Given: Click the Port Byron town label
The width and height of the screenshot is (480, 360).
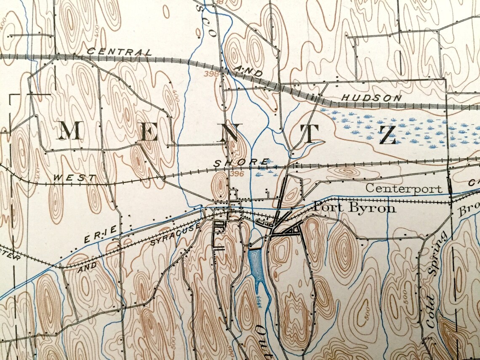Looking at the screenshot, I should [355, 208].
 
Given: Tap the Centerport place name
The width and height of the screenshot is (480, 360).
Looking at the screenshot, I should [404, 188].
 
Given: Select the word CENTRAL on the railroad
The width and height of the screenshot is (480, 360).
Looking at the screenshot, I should [119, 52].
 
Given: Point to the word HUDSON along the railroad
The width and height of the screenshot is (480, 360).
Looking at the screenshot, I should [371, 98].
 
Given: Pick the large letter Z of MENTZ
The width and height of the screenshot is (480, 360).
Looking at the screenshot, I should [387, 135].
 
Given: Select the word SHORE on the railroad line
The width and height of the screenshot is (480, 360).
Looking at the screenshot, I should [241, 163].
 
